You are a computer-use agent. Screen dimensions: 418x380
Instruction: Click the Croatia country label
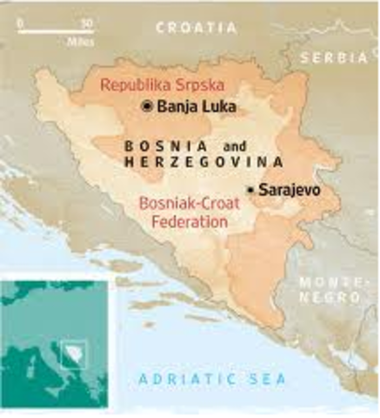tap(196, 29)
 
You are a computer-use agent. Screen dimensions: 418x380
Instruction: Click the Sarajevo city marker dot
tap(250, 189)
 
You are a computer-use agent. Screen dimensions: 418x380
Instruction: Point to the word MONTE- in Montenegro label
tap(328, 283)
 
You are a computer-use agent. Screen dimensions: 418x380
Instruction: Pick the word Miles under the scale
tap(79, 41)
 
